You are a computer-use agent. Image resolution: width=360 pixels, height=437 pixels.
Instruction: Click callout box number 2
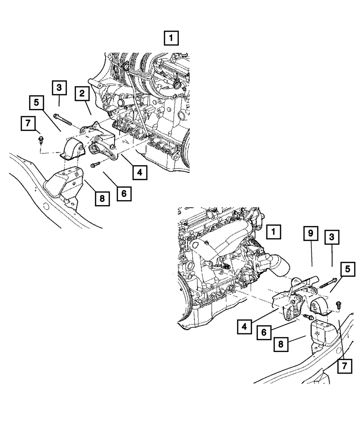[82, 94]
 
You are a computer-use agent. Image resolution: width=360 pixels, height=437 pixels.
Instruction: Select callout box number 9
[311, 234]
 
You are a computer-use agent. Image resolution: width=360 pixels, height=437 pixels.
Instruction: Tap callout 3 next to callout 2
[59, 88]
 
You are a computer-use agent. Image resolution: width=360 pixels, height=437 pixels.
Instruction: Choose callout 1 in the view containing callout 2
[171, 38]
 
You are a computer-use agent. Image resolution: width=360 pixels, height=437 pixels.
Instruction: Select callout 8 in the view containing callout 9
[281, 345]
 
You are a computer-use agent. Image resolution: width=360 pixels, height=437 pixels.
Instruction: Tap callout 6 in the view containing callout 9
[264, 332]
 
